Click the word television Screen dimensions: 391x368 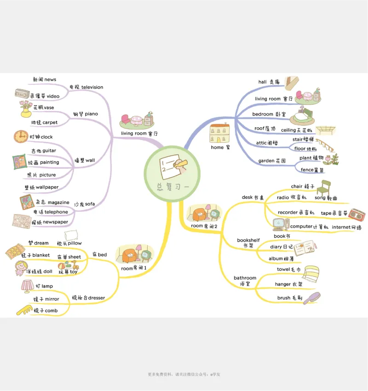click(92, 87)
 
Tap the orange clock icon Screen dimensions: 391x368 click(20, 136)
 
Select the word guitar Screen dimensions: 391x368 click(49, 151)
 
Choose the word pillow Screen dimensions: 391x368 click(75, 243)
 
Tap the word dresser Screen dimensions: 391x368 click(96, 298)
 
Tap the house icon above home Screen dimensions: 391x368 click(219, 133)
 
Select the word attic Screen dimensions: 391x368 click(261, 143)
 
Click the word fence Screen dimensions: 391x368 click(307, 170)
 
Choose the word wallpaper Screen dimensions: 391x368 click(47, 187)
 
